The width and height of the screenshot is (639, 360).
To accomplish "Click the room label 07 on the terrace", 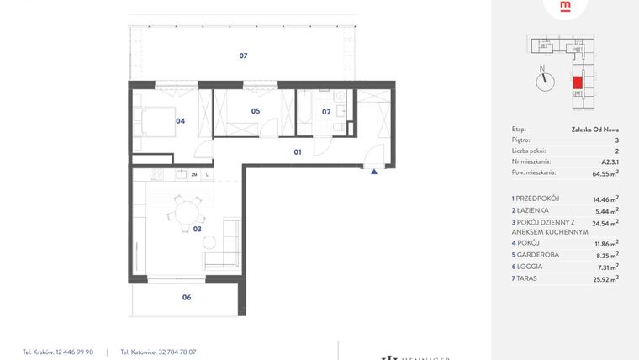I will (x=243, y=56).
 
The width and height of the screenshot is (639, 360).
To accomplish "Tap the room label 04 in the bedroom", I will (x=180, y=120).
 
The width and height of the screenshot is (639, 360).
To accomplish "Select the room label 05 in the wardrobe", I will (x=255, y=111).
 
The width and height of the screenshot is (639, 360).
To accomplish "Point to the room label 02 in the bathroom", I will (x=326, y=111).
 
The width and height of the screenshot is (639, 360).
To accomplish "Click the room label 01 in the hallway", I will (x=297, y=152).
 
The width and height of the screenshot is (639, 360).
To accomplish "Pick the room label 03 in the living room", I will (x=198, y=228).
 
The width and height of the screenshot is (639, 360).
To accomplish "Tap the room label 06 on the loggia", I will (x=187, y=297).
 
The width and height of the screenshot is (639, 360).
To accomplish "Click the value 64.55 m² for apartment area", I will (x=602, y=173).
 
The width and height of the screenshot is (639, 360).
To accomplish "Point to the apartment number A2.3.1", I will (x=610, y=161).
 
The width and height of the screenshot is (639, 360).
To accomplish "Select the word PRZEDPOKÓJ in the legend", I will (x=539, y=199).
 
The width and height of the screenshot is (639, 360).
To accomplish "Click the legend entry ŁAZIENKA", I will (x=533, y=210).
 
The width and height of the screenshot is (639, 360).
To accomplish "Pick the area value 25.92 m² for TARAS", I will (x=602, y=278).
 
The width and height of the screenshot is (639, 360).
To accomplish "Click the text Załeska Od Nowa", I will (x=594, y=130).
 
